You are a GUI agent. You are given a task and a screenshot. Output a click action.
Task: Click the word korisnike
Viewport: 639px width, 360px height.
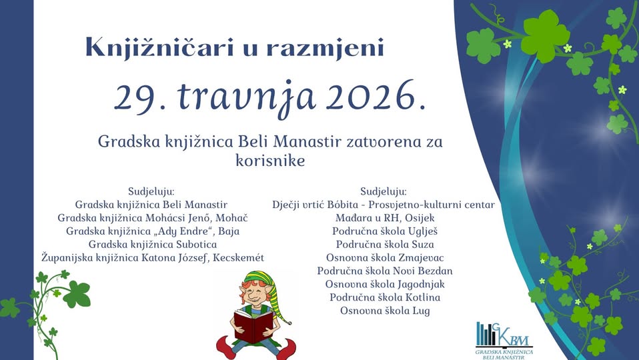coord(270,161)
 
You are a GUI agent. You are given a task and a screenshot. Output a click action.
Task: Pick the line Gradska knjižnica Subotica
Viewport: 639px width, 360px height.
coord(153,245)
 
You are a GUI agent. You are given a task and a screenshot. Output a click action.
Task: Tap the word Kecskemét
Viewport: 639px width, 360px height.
coord(238,257)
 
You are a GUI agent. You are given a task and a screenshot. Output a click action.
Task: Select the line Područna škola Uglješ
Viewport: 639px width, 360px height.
coord(385,231)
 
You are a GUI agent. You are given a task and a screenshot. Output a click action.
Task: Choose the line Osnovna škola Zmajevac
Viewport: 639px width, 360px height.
coord(385,258)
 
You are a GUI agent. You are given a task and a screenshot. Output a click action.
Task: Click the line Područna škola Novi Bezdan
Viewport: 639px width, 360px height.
coord(385,271)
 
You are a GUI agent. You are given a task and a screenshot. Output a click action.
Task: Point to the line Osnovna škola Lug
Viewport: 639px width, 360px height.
coord(385,311)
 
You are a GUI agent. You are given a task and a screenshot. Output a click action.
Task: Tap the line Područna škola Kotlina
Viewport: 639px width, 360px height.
coord(385,297)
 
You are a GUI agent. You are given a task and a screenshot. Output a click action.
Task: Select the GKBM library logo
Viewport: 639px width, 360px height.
coord(504,341)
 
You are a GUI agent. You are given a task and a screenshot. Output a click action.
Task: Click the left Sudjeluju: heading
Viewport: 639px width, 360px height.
coord(151,191)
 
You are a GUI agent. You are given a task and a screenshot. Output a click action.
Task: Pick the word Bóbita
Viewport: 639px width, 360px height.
coord(342,205)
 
